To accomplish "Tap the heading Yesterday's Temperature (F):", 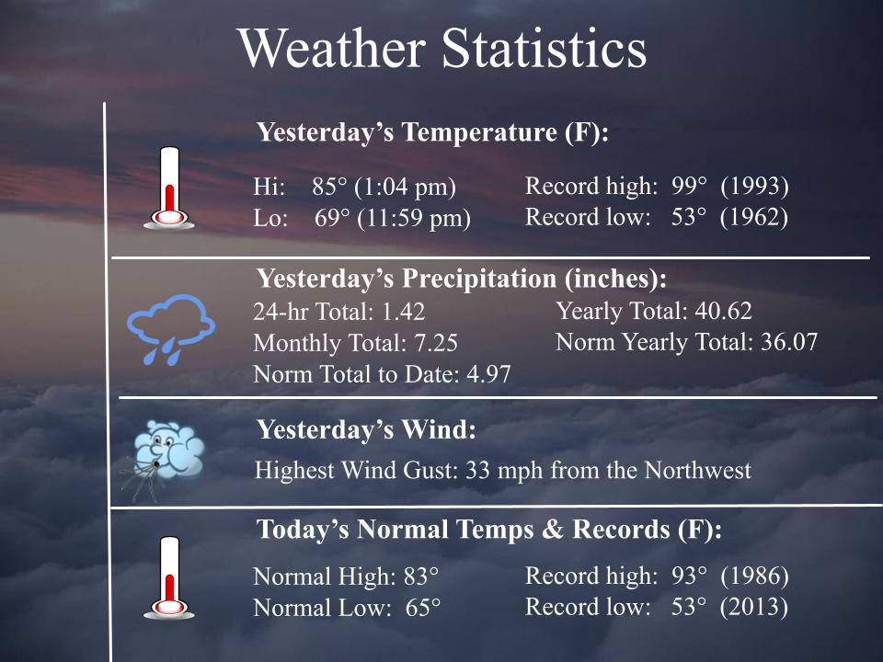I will click(433, 132).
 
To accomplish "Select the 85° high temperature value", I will click(329, 188).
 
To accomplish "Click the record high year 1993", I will click(754, 187).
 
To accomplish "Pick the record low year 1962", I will click(754, 218).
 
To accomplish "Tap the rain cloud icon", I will click(170, 327).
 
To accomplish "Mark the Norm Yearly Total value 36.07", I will click(788, 343).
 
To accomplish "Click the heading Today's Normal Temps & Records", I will click(489, 531).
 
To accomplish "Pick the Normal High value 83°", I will click(421, 577).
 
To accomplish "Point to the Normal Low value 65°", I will click(423, 609).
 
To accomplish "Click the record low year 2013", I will click(754, 608).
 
